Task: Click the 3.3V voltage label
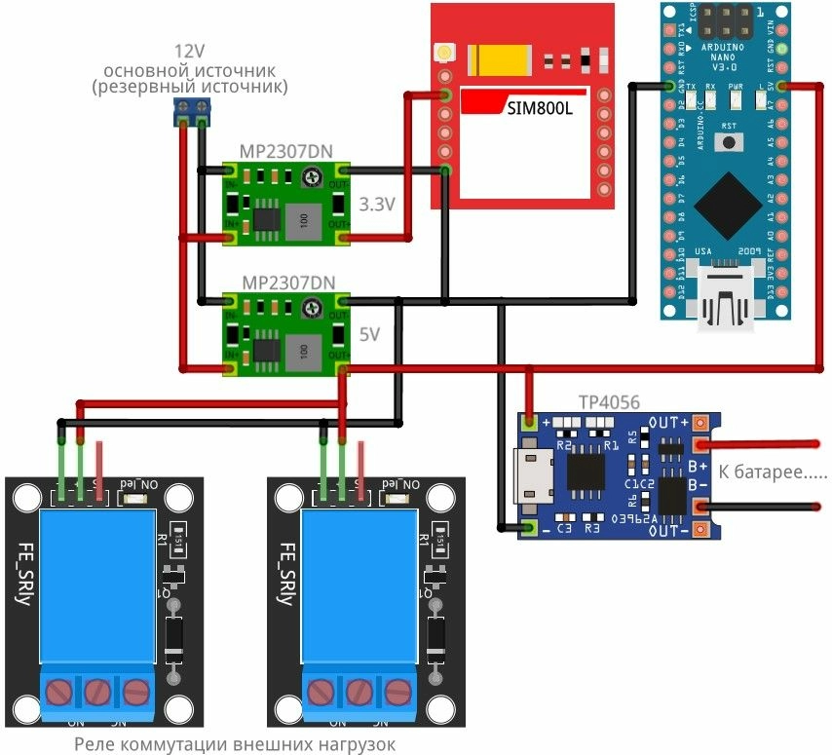(x=377, y=205)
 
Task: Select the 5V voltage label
(x=370, y=333)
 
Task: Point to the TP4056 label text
(x=603, y=401)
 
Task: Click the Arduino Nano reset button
(x=728, y=142)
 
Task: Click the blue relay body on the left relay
(x=95, y=589)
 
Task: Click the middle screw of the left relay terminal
(x=96, y=693)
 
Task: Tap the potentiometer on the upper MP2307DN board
(x=311, y=176)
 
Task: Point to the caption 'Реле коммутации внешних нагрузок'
(x=236, y=744)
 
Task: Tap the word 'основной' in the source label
(x=145, y=70)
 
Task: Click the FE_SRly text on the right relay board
(x=284, y=575)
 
